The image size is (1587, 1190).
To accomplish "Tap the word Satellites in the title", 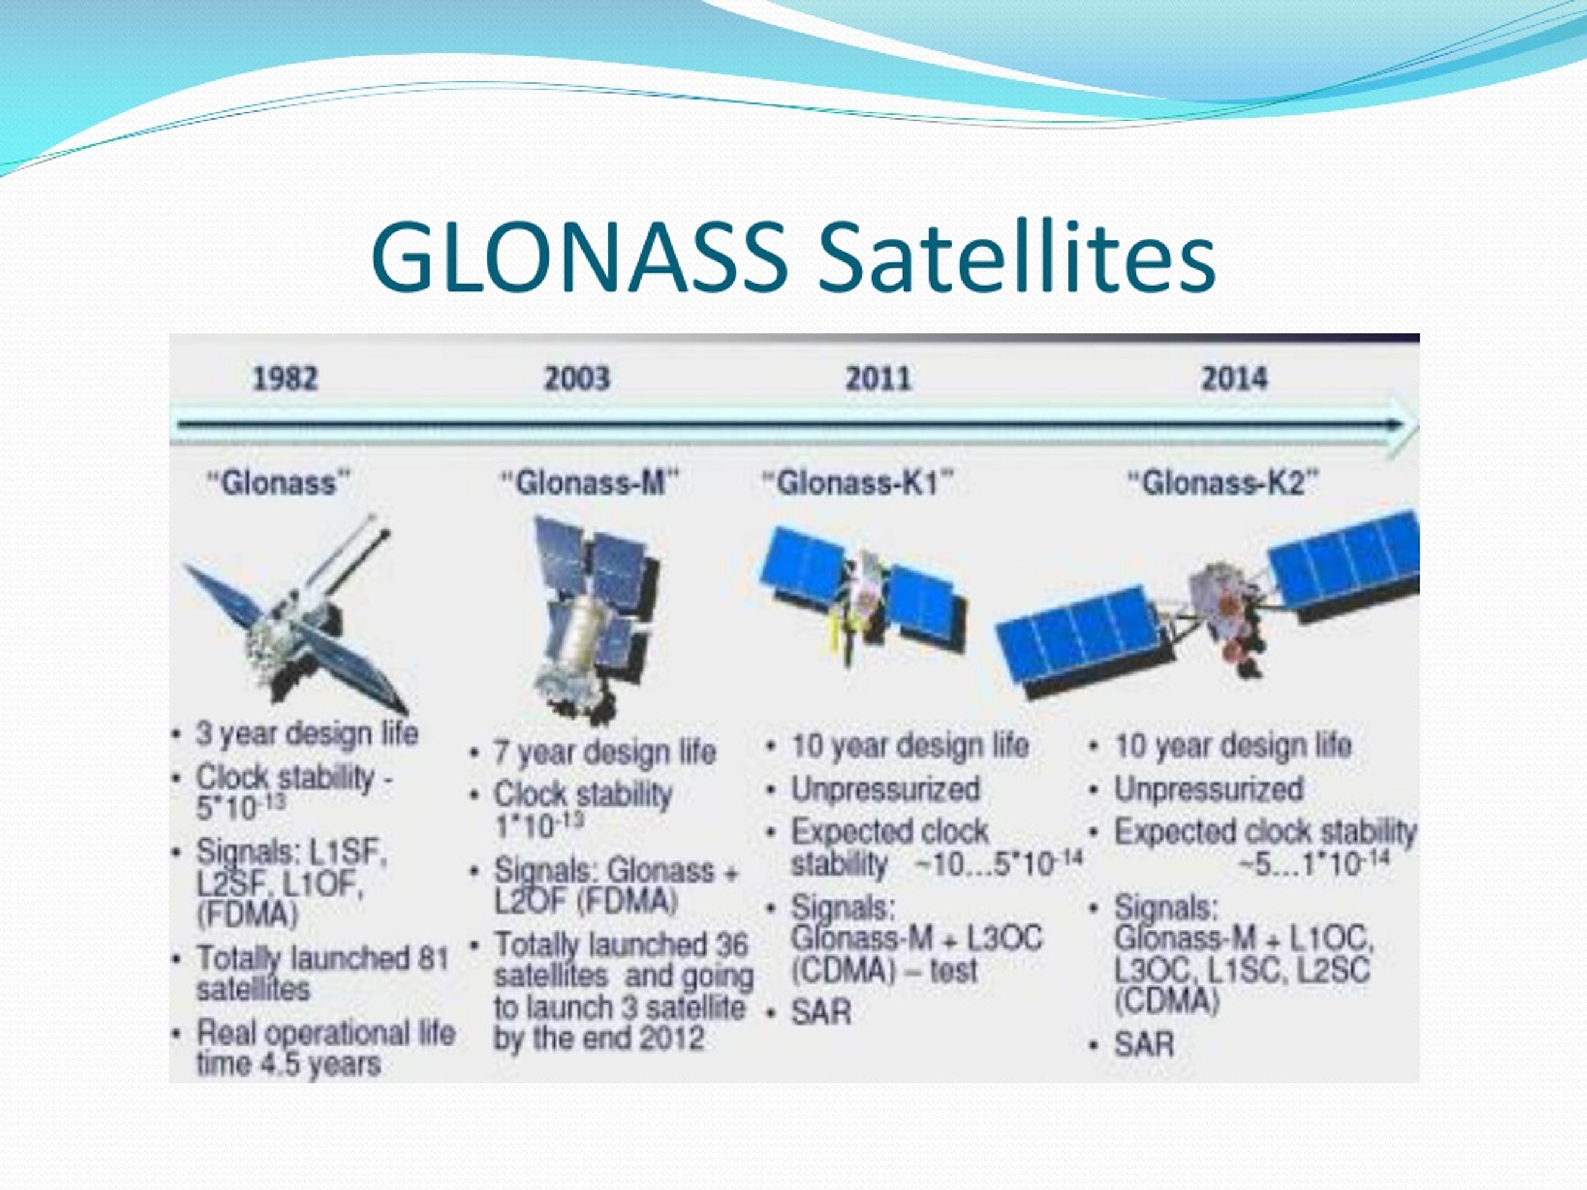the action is pyautogui.click(x=1017, y=257).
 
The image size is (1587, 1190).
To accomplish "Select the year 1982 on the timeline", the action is pyautogui.click(x=285, y=378).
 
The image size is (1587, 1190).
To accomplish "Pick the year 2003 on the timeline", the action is pyautogui.click(x=577, y=378).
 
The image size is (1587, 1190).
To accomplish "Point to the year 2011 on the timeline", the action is pyautogui.click(x=878, y=378).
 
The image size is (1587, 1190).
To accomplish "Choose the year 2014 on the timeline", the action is pyautogui.click(x=1235, y=378).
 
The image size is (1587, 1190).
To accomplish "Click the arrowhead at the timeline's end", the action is pyautogui.click(x=1403, y=426).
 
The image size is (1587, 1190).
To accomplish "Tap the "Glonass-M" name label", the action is pyautogui.click(x=588, y=483).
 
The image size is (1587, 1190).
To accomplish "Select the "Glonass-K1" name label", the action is pyautogui.click(x=857, y=483).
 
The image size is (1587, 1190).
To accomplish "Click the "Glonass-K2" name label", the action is pyautogui.click(x=1223, y=483).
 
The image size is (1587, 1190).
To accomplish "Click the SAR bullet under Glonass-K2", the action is pyautogui.click(x=1144, y=1044).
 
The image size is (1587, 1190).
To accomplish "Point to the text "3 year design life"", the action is pyautogui.click(x=307, y=734).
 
